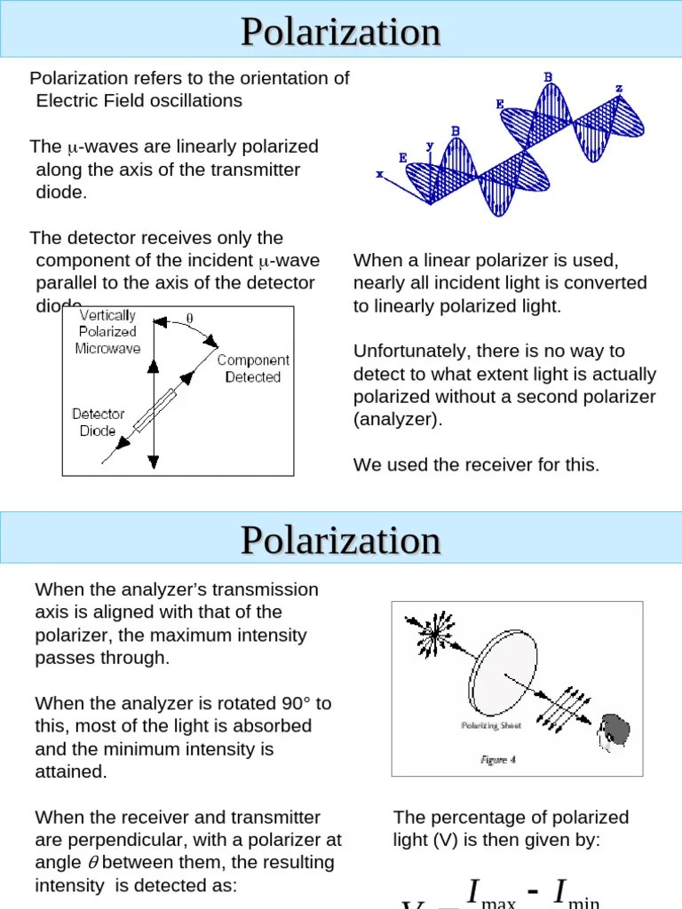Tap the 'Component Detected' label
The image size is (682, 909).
[x=253, y=368]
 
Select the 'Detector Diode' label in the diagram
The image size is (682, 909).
[x=99, y=423]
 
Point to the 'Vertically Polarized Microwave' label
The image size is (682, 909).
[x=107, y=332]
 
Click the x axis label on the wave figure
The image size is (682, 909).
[x=380, y=175]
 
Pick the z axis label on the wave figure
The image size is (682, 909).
[x=619, y=89]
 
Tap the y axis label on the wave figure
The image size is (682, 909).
[x=430, y=145]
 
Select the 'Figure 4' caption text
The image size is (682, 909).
[x=497, y=760]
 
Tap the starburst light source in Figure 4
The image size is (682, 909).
[x=433, y=634]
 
